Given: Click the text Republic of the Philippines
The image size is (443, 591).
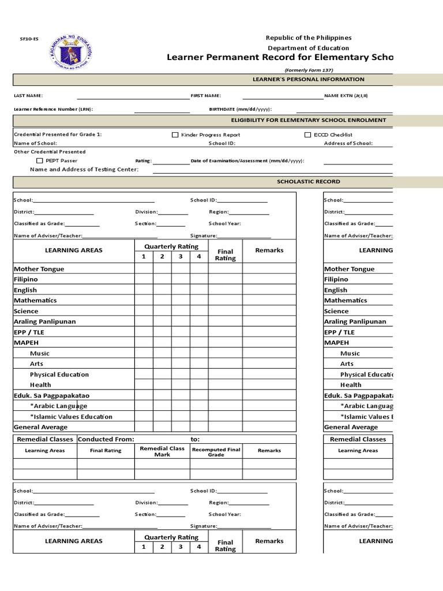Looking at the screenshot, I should [308, 38].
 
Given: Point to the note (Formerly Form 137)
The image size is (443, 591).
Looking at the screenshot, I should [309, 70].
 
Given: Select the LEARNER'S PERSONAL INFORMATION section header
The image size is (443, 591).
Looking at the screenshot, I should [309, 79].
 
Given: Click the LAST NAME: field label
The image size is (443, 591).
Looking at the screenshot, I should [28, 96].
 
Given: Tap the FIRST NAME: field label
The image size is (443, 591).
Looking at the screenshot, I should [206, 96].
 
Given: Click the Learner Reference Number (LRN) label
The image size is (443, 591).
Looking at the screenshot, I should [53, 109].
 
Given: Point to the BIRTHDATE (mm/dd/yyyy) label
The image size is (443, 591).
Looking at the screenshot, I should [240, 109].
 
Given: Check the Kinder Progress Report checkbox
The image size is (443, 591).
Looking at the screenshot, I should [175, 134].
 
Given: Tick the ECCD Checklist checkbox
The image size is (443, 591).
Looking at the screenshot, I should [307, 134].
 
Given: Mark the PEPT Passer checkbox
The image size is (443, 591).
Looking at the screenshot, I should [39, 160].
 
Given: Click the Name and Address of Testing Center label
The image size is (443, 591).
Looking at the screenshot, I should [84, 169].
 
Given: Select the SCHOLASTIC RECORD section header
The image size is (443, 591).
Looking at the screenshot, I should [309, 181].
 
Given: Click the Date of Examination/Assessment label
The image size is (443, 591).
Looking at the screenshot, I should [247, 161].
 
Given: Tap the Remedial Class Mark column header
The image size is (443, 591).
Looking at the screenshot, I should [162, 451].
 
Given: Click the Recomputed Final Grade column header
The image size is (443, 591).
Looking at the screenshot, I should [216, 451].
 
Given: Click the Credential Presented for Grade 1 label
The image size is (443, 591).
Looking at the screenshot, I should [58, 134].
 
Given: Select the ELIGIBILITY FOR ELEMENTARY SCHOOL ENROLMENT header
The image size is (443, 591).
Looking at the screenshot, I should [309, 120].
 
